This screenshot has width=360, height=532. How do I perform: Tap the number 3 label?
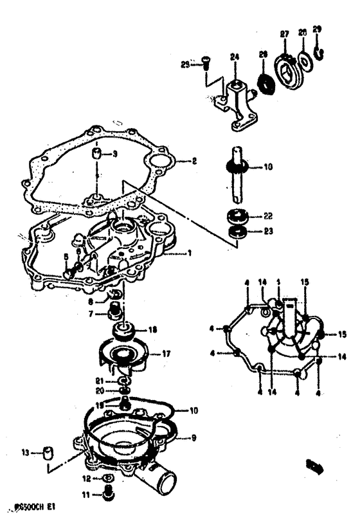[116, 154]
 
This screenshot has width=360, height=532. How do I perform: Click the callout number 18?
[152, 330]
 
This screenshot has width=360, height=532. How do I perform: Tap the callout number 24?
[235, 57]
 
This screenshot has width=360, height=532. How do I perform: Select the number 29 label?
[316, 30]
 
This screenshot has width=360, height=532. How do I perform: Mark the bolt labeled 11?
[107, 512]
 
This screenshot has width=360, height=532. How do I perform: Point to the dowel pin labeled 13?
[47, 454]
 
